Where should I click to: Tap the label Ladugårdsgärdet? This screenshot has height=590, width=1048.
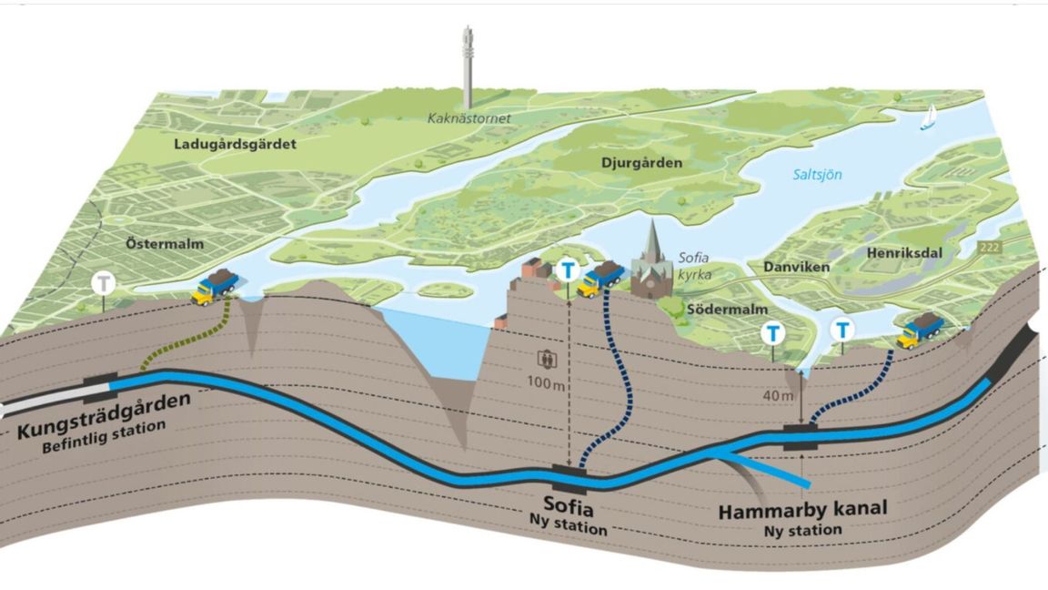pos(236,144)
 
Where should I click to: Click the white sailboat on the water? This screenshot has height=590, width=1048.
pos(928,117)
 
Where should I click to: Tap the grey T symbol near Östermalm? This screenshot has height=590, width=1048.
pos(105,283)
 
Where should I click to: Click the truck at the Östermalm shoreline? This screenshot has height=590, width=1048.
pos(216,286)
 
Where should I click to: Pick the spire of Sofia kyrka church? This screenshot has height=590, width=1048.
pos(651,239)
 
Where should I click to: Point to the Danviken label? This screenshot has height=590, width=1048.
pos(778,270)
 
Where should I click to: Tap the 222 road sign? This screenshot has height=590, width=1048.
pos(991,247)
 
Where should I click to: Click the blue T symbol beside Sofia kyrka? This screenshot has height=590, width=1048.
pos(569,270)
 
